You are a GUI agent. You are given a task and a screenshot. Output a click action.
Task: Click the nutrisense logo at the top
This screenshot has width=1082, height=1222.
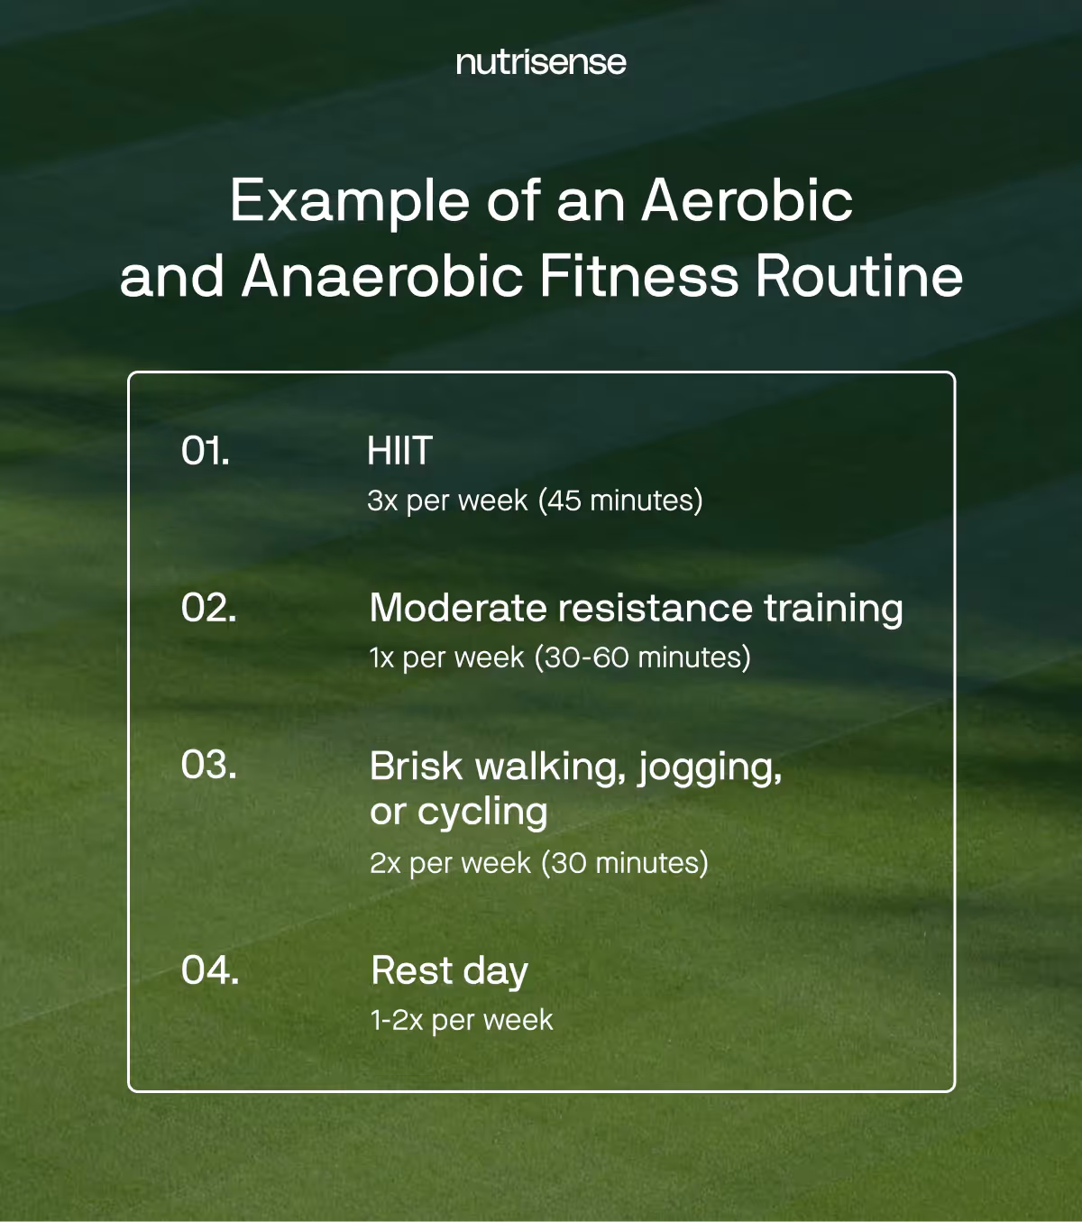(x=540, y=62)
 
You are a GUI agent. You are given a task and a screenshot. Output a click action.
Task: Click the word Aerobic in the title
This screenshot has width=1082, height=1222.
(x=747, y=200)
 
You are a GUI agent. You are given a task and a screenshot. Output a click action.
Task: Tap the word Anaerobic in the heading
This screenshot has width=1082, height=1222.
(x=382, y=276)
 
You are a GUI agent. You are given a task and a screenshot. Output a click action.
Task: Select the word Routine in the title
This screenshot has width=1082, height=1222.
(x=858, y=276)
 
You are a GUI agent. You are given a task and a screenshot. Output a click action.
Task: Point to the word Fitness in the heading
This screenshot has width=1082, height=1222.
(x=638, y=276)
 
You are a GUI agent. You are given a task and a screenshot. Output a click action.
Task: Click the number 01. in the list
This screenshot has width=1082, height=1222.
(x=206, y=451)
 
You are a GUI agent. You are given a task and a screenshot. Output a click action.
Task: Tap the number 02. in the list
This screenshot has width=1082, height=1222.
(x=209, y=608)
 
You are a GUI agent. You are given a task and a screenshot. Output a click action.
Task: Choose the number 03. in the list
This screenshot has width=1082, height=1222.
(x=209, y=765)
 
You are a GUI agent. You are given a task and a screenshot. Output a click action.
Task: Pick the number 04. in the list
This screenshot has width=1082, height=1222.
(x=210, y=970)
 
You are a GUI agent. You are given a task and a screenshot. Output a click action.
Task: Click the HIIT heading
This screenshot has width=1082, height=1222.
(x=399, y=451)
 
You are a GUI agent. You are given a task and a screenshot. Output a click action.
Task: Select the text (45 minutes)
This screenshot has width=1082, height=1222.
(x=620, y=501)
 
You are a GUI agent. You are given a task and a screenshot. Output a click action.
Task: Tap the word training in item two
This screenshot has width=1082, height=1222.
(x=833, y=610)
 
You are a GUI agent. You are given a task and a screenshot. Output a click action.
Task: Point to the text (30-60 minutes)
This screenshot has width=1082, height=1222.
(x=642, y=657)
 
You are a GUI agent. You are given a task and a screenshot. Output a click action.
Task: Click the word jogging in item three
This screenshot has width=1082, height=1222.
(x=709, y=768)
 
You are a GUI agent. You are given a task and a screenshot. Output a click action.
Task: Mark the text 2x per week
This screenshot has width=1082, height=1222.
(x=450, y=863)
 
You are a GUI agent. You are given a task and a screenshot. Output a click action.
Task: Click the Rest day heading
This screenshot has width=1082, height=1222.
(x=449, y=971)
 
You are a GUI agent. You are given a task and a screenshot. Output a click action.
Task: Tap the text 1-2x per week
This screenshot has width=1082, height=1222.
(x=462, y=1020)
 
